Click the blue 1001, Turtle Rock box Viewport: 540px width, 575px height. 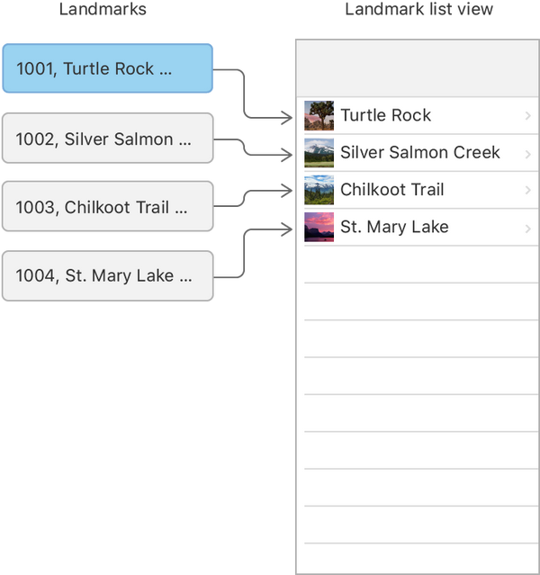107,68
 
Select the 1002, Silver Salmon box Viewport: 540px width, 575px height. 107,138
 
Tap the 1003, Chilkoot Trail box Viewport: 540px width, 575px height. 107,206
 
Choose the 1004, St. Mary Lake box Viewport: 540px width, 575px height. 107,275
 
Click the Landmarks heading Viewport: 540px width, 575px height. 103,9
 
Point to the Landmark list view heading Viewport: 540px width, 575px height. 418,9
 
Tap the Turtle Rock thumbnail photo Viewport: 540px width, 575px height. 319,115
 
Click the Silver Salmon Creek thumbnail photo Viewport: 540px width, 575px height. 319,153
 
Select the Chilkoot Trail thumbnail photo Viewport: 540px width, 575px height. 319,190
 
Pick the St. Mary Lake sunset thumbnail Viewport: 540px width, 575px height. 319,227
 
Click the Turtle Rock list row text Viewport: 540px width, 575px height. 385,115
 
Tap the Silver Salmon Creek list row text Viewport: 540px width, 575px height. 420,152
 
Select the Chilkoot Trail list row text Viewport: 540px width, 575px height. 392,190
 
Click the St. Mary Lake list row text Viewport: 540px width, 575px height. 394,227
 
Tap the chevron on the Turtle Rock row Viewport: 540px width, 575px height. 528,116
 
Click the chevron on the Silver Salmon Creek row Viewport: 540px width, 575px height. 528,155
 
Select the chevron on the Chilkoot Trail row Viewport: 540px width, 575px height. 528,190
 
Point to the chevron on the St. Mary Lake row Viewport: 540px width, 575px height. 528,229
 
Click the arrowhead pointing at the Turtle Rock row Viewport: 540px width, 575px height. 287,118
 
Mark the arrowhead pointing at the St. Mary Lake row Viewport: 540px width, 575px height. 287,229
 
